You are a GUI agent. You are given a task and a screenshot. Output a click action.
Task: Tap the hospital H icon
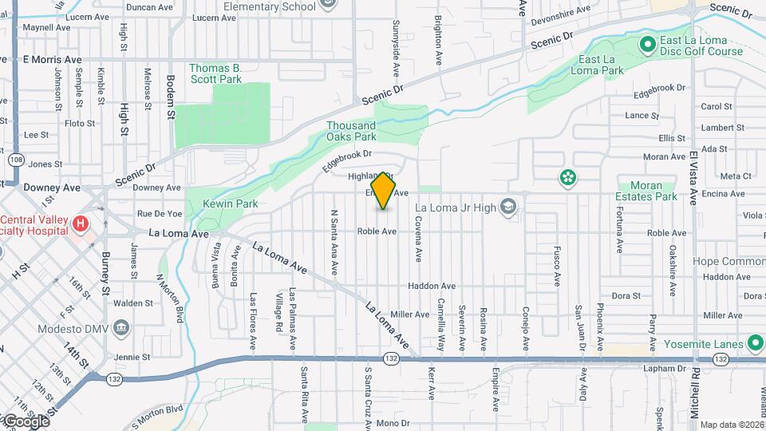pyautogui.click(x=80, y=224)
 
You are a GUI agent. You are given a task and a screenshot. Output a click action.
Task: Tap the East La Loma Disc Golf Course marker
pyautogui.click(x=647, y=42)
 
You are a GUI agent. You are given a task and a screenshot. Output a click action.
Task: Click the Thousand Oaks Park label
pyautogui.click(x=351, y=131)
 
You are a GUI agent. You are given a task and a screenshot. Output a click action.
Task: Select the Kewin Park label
pyautogui.click(x=230, y=204)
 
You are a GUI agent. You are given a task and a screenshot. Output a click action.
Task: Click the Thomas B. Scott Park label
pyautogui.click(x=215, y=73)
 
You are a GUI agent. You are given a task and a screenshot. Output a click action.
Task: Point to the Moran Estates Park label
pyautogui.click(x=640, y=191)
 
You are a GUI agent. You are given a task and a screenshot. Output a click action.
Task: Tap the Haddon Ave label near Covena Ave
pyautogui.click(x=431, y=286)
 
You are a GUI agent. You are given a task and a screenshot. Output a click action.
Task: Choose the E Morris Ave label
pyautogui.click(x=53, y=60)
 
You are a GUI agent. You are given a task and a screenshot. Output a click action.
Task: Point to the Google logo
pyautogui.click(x=26, y=421)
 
